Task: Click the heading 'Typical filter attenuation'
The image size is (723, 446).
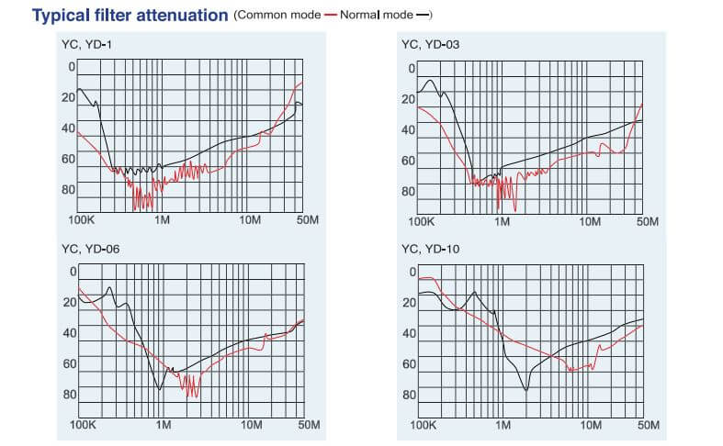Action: click(x=130, y=15)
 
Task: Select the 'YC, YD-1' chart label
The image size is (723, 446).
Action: click(x=88, y=44)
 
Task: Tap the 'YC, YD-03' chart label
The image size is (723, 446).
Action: click(x=430, y=44)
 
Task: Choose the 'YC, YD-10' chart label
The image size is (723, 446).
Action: click(x=429, y=249)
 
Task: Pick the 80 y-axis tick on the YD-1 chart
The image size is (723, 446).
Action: click(x=68, y=190)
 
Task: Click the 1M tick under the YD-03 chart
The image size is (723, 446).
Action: click(x=502, y=221)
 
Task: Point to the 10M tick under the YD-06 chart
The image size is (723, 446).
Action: click(x=248, y=426)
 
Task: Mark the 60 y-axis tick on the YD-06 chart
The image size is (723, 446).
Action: click(x=68, y=364)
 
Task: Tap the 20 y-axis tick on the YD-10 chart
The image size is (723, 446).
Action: click(x=410, y=302)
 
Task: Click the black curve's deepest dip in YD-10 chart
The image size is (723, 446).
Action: click(x=526, y=390)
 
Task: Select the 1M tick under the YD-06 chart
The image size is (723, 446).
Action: click(x=163, y=426)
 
